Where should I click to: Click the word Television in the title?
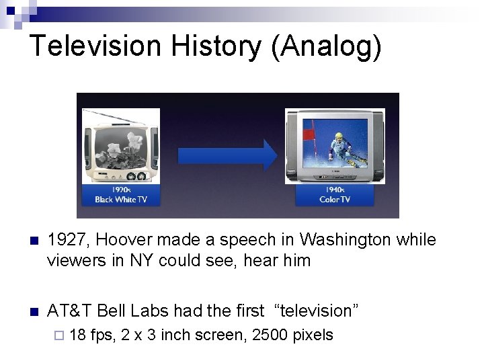tap(95, 46)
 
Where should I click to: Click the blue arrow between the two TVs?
tap(227, 155)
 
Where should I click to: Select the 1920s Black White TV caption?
tap(121, 195)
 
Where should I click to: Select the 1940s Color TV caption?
tap(334, 195)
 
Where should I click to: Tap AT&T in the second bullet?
tap(69, 311)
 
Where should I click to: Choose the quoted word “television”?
tap(316, 311)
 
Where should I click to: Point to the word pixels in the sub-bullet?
tap(311, 335)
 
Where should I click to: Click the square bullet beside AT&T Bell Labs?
tap(34, 311)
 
